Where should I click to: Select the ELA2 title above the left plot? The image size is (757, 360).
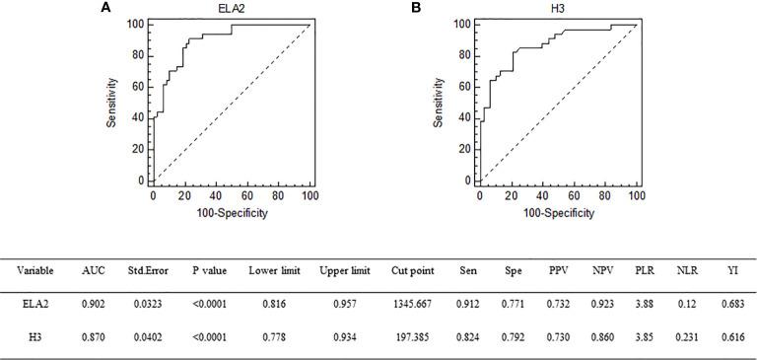232,8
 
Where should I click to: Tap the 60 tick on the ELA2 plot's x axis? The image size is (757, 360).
247,196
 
